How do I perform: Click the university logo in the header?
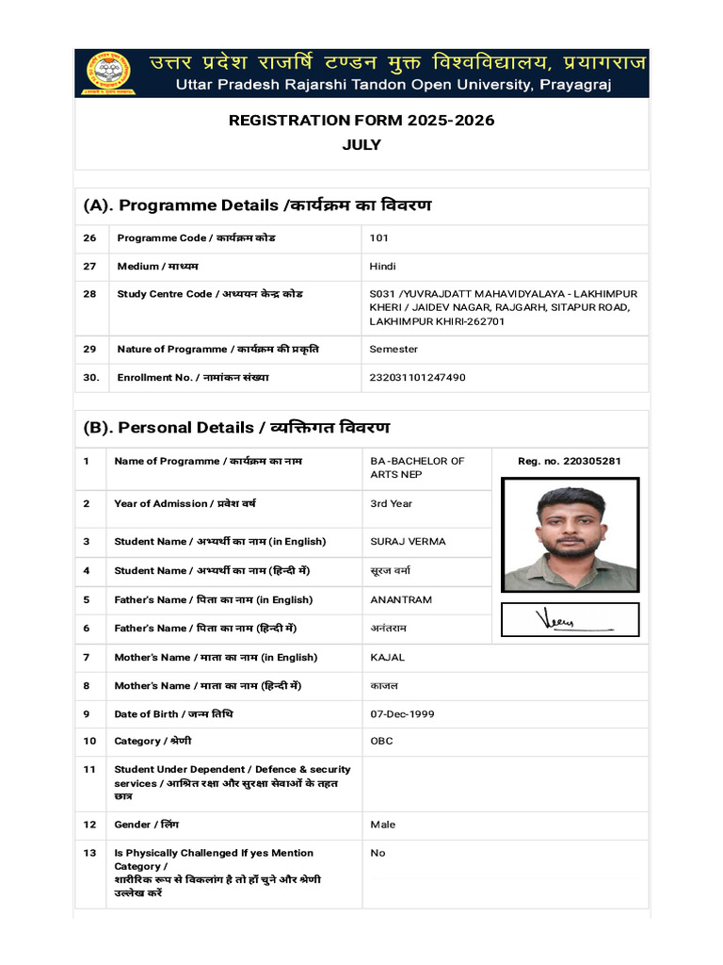point(109,74)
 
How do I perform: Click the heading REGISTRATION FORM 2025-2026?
point(361,121)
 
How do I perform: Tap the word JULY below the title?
point(361,145)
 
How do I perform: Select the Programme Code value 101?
point(378,238)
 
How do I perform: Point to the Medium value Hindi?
point(384,267)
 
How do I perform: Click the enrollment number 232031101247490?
point(417,378)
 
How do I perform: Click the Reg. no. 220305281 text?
point(569,462)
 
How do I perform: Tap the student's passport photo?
point(570,534)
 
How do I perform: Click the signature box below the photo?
point(570,619)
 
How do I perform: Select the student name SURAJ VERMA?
point(408,542)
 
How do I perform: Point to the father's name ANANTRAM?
point(401,599)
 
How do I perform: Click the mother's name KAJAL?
point(387,658)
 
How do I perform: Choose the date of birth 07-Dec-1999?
point(402,714)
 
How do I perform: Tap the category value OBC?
point(381,742)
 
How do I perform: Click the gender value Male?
point(382,826)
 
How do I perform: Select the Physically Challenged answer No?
point(378,854)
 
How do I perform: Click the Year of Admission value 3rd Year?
point(391,504)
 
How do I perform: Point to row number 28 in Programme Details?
point(90,295)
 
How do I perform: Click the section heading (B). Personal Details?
point(236,428)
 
